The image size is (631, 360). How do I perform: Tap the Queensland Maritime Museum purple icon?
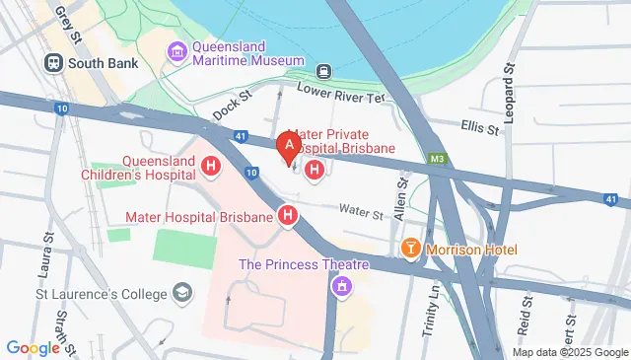pyautogui.click(x=177, y=51)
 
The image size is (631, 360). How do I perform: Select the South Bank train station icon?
pyautogui.click(x=53, y=61)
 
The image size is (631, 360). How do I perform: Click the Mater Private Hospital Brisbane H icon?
pyautogui.click(x=315, y=171)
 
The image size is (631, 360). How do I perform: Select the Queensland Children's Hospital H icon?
pyautogui.click(x=209, y=168)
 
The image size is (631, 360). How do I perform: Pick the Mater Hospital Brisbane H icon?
pyautogui.click(x=289, y=215)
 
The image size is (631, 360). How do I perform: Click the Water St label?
pyautogui.click(x=362, y=212)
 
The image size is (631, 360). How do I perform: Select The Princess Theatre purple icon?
pyautogui.click(x=341, y=287)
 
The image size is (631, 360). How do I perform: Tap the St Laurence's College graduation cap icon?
pyautogui.click(x=182, y=292)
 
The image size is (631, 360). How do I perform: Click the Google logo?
pyautogui.click(x=34, y=347)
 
